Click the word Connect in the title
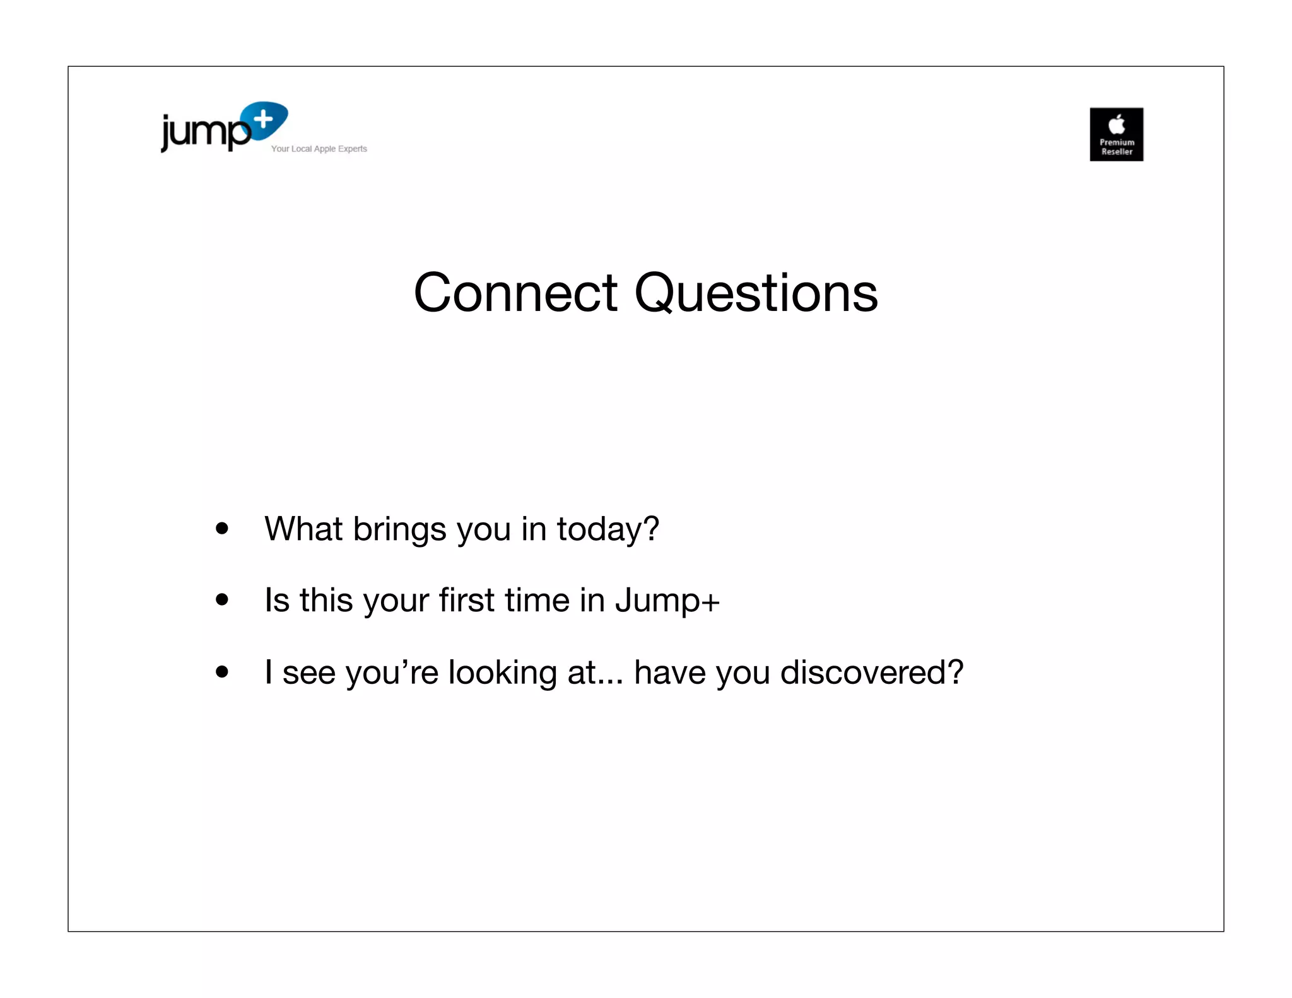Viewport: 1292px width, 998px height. click(x=515, y=293)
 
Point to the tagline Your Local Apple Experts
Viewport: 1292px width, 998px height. click(x=319, y=149)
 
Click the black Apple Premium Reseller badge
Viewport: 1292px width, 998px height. click(x=1116, y=134)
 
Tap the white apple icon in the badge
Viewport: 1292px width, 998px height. click(x=1117, y=124)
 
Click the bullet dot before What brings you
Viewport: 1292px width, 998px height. click(x=221, y=528)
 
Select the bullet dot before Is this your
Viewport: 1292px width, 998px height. click(x=221, y=599)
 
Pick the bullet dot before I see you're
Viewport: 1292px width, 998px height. click(x=221, y=671)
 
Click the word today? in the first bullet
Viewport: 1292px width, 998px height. click(x=608, y=529)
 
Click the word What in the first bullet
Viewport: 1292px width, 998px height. click(x=303, y=529)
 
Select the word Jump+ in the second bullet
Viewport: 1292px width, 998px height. click(x=667, y=601)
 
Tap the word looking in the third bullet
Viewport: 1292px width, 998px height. click(x=502, y=672)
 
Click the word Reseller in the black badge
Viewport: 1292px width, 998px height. click(x=1117, y=152)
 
